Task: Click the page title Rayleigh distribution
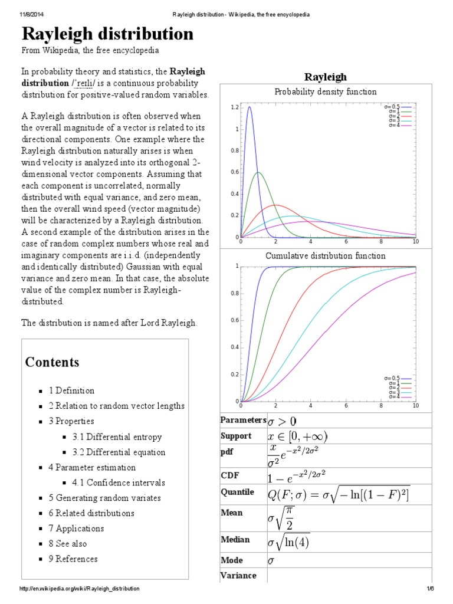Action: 107,34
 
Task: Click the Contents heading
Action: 52,362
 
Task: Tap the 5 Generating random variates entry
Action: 104,498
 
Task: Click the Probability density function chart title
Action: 326,91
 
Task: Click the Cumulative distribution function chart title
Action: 326,256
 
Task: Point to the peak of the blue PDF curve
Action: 250,107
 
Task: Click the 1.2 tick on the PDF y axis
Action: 235,107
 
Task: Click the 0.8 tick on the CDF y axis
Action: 235,293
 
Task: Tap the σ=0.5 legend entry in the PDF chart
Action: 398,107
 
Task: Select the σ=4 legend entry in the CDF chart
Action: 398,396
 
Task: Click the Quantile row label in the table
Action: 237,492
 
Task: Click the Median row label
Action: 235,539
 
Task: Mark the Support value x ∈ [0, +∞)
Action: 297,436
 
